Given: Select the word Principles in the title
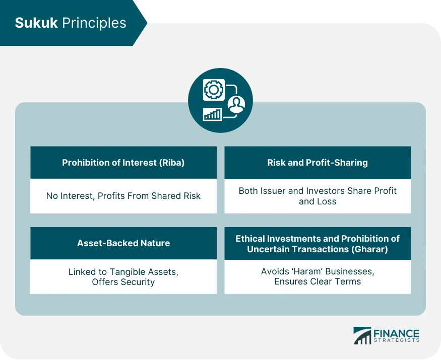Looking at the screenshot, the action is tap(94, 23).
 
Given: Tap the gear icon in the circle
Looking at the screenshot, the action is tap(213, 90).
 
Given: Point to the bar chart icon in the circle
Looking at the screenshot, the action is tap(212, 114).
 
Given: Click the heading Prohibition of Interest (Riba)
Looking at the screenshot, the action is tap(123, 163).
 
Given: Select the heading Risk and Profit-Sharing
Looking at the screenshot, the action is tap(318, 163).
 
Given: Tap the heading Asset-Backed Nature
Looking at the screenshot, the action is tap(123, 243).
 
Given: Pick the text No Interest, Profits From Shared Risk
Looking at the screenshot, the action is tap(123, 196).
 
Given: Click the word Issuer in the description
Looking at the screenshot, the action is tap(275, 191).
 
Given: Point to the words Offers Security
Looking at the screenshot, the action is tap(123, 282).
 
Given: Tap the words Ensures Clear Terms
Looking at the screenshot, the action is tap(318, 282).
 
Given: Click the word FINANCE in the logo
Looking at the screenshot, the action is tap(396, 333).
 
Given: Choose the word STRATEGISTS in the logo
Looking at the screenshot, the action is tap(396, 342).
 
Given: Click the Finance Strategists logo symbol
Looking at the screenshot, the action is tap(362, 336).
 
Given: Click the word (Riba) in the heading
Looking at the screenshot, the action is tap(172, 163).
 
